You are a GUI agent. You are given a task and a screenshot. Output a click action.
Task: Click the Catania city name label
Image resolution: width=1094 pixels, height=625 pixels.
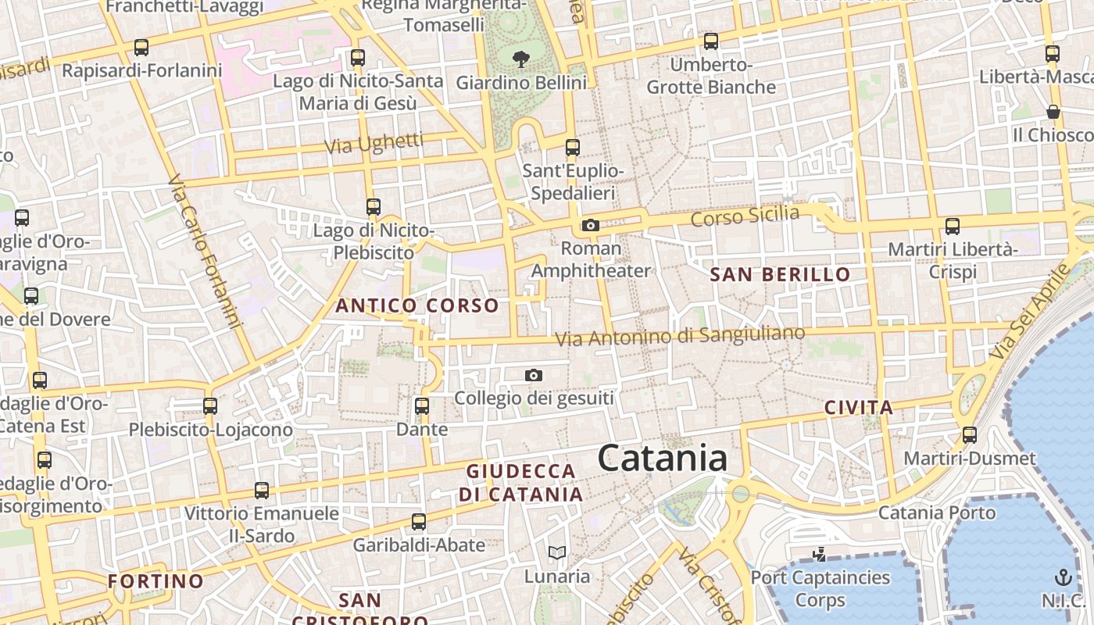[663, 458]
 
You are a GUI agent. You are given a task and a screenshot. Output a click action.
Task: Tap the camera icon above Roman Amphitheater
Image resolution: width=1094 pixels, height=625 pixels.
[590, 226]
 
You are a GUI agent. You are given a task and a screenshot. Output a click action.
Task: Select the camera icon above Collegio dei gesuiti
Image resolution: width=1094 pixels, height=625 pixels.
[534, 376]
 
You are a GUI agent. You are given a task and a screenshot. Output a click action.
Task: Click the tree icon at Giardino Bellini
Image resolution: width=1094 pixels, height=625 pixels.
[520, 58]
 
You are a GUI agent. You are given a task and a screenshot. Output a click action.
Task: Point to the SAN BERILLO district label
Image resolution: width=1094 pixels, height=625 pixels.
[780, 274]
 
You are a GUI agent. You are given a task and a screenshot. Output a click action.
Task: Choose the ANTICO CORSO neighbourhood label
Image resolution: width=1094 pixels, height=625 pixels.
[417, 305]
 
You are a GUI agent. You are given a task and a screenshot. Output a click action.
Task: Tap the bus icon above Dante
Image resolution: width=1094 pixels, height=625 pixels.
[422, 406]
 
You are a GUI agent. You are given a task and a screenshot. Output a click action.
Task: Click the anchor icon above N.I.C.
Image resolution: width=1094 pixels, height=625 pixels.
[1063, 578]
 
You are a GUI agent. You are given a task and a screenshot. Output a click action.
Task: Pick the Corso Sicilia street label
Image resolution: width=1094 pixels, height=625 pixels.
[745, 216]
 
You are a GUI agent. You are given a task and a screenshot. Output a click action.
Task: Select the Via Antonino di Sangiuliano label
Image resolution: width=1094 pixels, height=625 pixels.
[680, 336]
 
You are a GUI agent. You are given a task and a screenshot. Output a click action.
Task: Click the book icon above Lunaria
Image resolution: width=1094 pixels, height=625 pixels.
[557, 553]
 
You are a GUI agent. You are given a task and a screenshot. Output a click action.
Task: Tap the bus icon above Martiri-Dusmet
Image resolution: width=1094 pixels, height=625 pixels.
[970, 435]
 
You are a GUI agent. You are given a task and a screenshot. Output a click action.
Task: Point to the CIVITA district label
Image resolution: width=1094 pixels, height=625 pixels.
[859, 407]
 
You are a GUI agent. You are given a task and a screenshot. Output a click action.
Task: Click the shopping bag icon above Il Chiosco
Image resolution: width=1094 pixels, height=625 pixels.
[1053, 112]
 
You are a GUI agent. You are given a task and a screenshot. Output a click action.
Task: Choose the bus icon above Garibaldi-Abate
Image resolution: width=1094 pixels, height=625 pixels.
[419, 522]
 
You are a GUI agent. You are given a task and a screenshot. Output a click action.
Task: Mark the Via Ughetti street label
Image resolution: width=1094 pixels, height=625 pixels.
[374, 144]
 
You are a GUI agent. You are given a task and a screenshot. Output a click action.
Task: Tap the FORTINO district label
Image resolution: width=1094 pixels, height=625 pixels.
[156, 581]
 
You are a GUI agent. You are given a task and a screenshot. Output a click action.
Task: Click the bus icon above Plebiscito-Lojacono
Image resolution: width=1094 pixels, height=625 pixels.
[210, 406]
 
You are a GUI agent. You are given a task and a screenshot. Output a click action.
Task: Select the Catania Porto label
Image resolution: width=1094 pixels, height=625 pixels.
[937, 512]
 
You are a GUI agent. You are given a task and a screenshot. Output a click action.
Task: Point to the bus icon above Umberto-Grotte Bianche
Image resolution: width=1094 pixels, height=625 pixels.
[711, 41]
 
